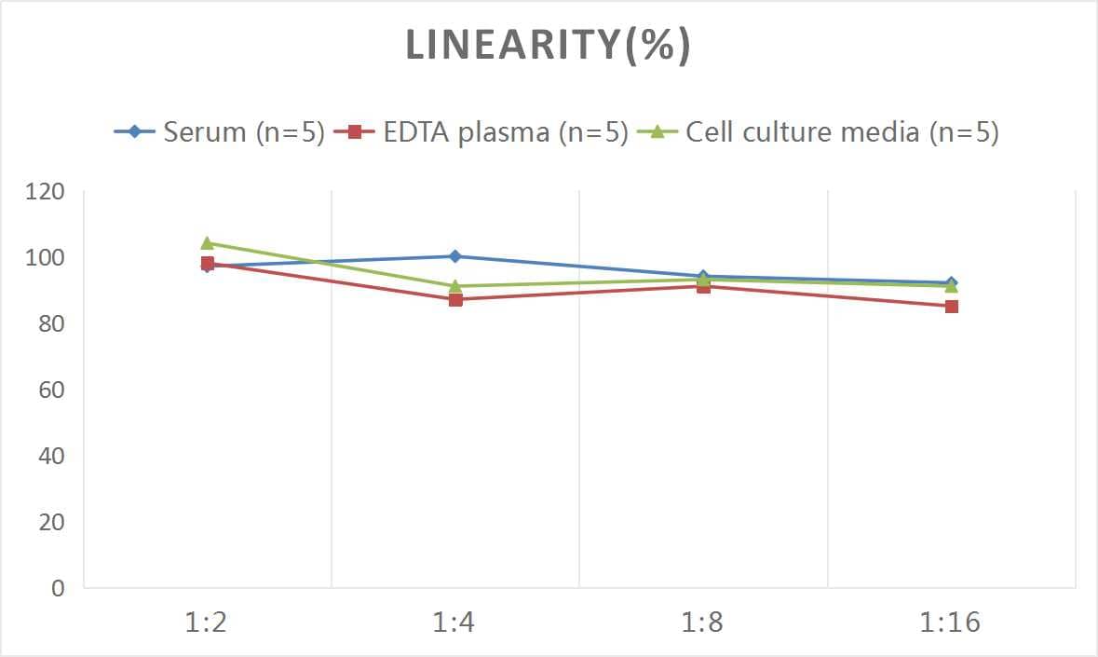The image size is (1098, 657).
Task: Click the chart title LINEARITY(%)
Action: point(548,46)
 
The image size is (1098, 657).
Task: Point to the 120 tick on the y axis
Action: point(46,192)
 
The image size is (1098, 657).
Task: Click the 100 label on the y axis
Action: point(46,258)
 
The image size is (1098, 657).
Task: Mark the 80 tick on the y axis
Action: point(51,324)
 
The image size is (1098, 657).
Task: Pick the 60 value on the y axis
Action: point(51,390)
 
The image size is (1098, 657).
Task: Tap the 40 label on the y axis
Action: point(51,457)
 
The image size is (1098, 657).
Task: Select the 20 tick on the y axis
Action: point(51,523)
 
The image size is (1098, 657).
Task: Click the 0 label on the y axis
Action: point(58,589)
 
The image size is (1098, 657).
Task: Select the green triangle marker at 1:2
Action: point(207,243)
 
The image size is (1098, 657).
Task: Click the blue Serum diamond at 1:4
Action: point(454,256)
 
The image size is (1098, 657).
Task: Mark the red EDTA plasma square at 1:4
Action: point(454,299)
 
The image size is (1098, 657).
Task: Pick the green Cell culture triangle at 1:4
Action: point(454,286)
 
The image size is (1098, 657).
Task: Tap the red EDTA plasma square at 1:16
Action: point(951,306)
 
